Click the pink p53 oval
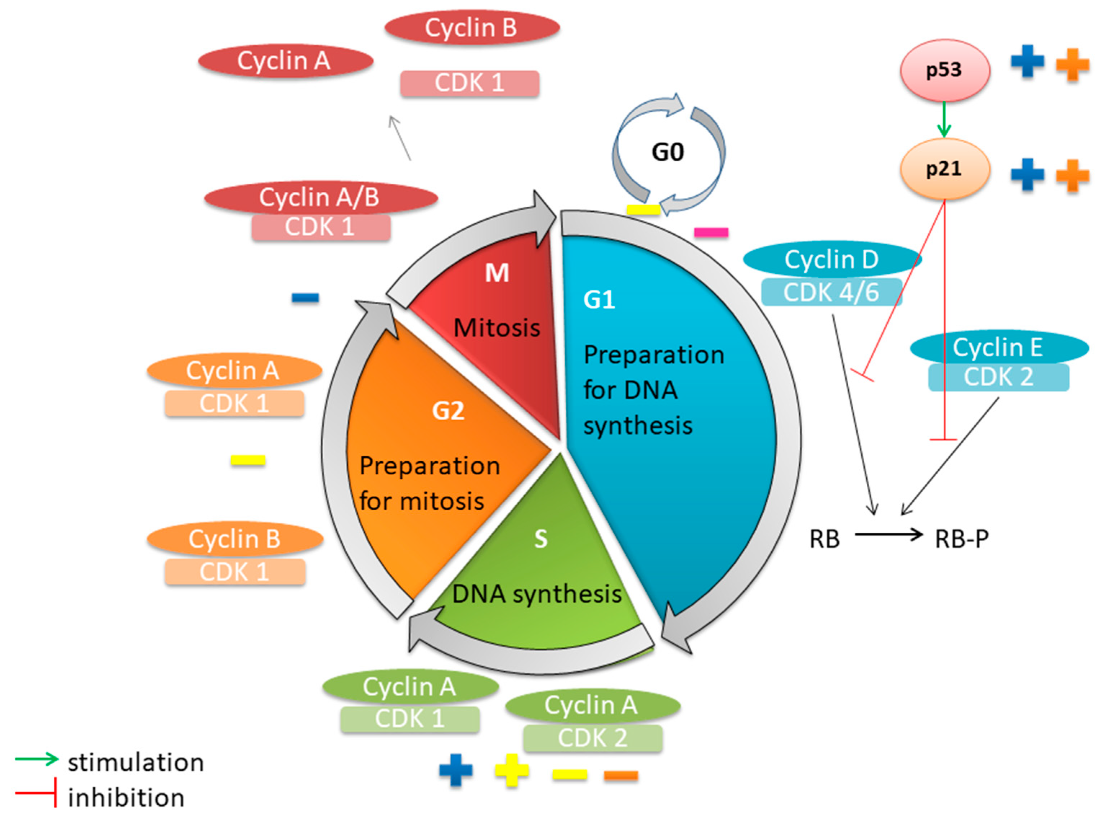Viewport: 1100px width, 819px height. point(944,70)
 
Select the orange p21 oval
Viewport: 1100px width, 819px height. point(944,169)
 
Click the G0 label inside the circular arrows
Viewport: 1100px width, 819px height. point(668,152)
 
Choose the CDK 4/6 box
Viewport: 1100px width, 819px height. point(831,292)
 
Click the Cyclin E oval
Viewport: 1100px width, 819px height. point(999,347)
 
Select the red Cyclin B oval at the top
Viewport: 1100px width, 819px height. point(472,27)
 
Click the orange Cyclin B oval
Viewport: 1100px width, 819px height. point(235,539)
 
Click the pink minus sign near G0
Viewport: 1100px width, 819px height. point(711,232)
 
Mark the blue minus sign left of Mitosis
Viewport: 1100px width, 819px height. point(305,297)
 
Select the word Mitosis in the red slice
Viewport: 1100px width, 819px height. point(497,328)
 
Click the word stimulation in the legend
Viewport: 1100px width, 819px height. point(136,762)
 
